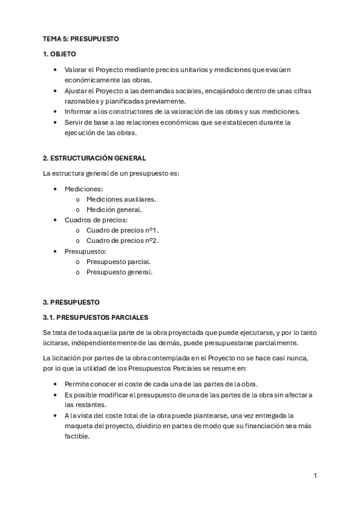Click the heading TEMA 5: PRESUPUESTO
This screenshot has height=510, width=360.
coord(81,38)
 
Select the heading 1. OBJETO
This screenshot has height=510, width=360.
coord(59,54)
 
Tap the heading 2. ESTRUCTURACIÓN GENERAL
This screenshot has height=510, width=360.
coord(94,158)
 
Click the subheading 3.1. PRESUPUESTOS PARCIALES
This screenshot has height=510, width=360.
coord(96,317)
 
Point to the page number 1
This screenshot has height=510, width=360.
coord(315,476)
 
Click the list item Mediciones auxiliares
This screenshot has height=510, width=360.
coord(121,199)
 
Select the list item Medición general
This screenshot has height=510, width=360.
coord(114,210)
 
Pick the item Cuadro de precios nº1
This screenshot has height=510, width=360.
coord(123,230)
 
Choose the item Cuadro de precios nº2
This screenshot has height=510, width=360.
coord(123,241)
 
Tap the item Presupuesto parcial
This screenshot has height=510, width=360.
coord(118,262)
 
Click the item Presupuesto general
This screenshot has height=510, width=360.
coord(119,272)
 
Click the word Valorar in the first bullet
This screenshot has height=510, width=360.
coord(76,70)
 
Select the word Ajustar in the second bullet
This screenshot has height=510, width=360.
coord(76,91)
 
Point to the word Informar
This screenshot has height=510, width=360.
coord(79,111)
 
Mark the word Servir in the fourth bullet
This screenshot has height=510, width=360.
coord(74,122)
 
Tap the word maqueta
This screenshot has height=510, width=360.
coord(79,426)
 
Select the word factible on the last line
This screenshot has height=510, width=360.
coord(77,437)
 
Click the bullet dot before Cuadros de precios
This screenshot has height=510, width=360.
coord(55,220)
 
